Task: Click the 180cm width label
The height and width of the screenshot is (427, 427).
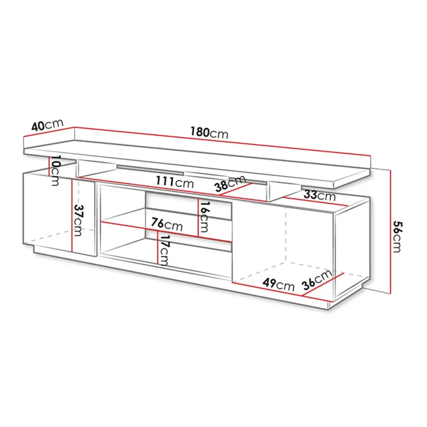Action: pos(209,133)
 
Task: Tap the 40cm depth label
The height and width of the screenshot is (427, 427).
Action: pos(47,125)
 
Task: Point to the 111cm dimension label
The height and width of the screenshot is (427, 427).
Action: pos(174,182)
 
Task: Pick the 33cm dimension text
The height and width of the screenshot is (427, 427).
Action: pos(319,195)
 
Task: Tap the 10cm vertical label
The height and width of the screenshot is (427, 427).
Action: pos(55,171)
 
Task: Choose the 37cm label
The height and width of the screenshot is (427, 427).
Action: pos(79,220)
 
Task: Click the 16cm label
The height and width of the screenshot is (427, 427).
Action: pos(204,217)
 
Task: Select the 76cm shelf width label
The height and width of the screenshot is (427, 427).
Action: pos(167,224)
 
